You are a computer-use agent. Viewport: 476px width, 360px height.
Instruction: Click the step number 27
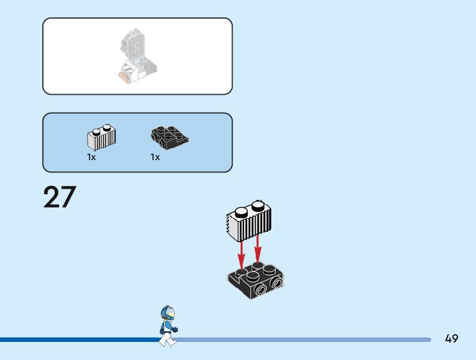[60, 197]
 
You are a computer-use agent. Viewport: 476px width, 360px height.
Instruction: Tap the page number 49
[452, 339]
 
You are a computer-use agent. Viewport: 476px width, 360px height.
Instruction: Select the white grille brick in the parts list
[101, 138]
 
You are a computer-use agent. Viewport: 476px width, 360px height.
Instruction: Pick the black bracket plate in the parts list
[169, 136]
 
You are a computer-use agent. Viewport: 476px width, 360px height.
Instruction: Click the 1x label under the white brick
[91, 158]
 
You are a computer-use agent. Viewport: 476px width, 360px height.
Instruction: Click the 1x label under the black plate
[155, 158]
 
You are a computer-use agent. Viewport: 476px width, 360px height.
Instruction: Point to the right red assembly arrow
[258, 247]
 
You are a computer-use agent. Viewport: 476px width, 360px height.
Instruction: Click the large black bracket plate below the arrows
[256, 280]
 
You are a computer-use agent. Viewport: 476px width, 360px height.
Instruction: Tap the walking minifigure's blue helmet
[167, 312]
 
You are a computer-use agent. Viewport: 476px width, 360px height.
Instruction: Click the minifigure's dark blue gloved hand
[175, 329]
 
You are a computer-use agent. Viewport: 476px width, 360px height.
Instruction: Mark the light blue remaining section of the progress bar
[305, 339]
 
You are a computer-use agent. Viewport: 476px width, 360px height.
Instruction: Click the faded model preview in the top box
[138, 55]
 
